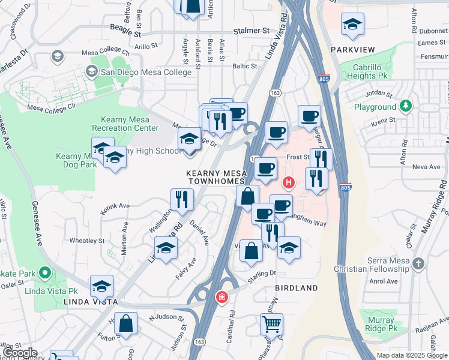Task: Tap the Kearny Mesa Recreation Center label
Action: click(125, 124)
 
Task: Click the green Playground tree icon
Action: click(406, 106)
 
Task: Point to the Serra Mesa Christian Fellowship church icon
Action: click(418, 263)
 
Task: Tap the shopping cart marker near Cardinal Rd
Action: click(271, 325)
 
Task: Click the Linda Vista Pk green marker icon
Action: click(44, 274)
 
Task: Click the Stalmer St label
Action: click(252, 29)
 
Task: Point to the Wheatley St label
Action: click(87, 241)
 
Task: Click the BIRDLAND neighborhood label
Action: click(297, 289)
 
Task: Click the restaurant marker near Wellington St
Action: click(182, 200)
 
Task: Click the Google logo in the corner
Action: click(19, 353)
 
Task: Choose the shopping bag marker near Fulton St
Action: click(127, 324)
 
